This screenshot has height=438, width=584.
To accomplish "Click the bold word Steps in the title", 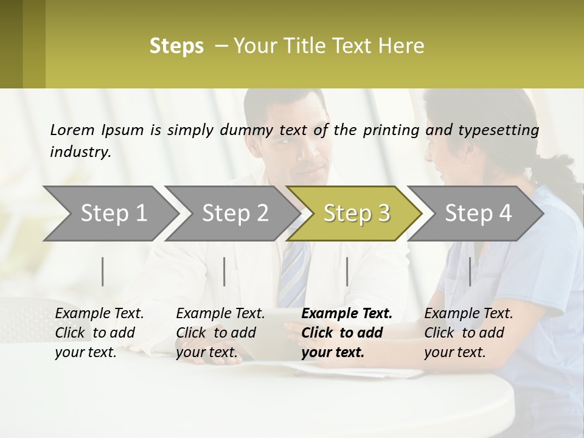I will tap(176, 46).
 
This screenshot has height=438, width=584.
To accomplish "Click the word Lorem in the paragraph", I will tap(72, 130).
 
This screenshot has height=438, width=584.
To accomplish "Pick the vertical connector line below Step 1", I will tap(102, 271).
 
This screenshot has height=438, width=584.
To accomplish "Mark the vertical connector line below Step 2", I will tap(224, 271).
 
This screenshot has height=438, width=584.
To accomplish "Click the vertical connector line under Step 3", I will tap(347, 271).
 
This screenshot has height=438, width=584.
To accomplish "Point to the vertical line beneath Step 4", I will tap(470, 271).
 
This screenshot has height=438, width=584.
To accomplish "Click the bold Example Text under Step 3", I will tap(347, 314).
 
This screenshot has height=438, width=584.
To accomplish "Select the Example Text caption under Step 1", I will tap(99, 314).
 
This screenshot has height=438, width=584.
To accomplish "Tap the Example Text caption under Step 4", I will tap(468, 314).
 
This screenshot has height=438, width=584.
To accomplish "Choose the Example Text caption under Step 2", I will tap(220, 314).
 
